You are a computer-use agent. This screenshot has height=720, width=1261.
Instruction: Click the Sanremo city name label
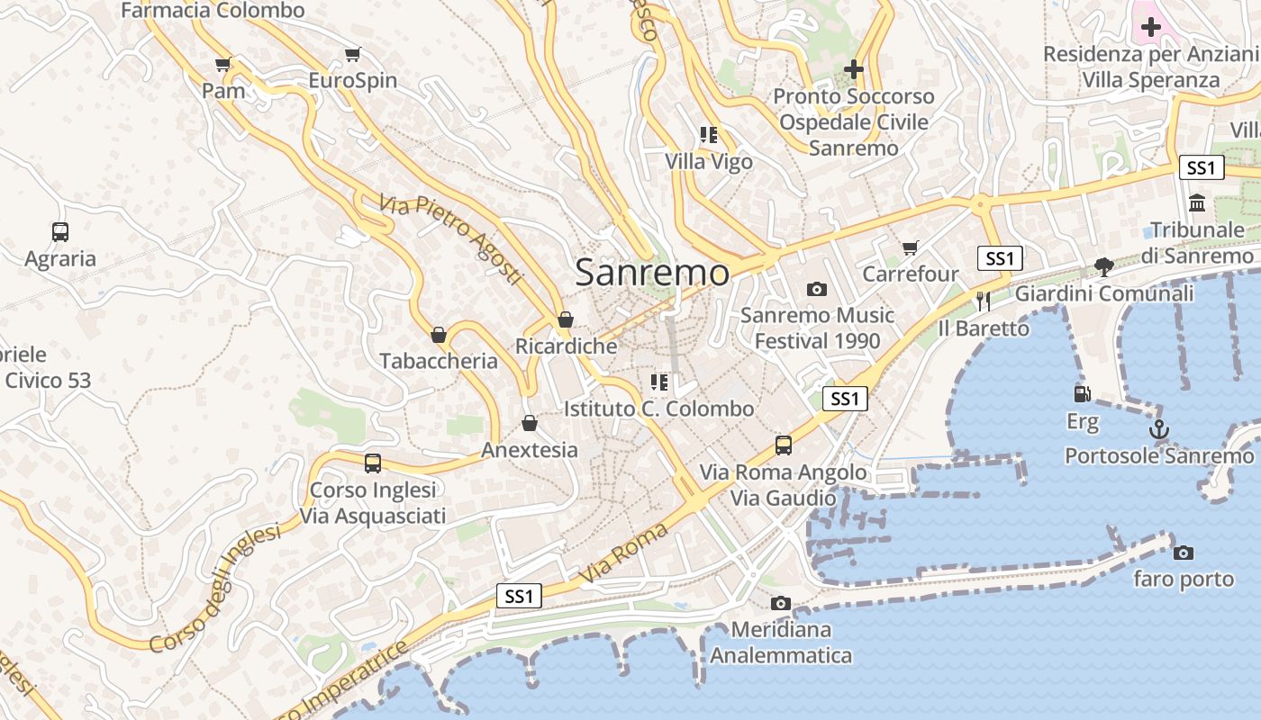point(652,272)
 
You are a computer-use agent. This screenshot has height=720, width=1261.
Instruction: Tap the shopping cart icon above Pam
point(222,65)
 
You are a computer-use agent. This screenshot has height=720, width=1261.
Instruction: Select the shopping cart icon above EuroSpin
point(352,55)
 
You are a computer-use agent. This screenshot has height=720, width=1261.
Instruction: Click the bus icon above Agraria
point(60,232)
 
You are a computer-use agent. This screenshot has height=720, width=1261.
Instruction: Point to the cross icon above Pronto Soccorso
point(853,68)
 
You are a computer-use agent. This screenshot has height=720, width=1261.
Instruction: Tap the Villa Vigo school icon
point(708,136)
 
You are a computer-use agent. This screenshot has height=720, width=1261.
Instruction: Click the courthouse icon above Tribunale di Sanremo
point(1197,203)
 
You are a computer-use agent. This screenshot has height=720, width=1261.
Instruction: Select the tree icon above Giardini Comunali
point(1103,266)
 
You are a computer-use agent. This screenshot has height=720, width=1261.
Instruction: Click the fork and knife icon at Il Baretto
point(983,301)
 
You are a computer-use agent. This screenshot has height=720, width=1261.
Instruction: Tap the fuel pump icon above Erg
point(1082,394)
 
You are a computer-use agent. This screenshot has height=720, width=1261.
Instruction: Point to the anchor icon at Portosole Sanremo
point(1159,429)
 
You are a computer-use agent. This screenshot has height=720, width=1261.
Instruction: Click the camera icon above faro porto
point(1183,553)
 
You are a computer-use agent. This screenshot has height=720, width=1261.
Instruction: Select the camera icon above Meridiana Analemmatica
point(780,603)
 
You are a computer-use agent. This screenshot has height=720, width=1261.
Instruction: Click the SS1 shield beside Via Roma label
point(519,596)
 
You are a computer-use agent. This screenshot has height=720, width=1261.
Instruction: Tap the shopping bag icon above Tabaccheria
point(439,335)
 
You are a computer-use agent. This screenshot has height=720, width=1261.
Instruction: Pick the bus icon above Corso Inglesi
point(372,463)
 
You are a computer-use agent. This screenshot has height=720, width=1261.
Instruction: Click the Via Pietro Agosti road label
point(450,239)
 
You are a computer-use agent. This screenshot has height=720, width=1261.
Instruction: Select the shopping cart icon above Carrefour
point(910,247)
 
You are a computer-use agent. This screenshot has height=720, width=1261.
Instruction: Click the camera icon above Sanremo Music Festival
point(817,289)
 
